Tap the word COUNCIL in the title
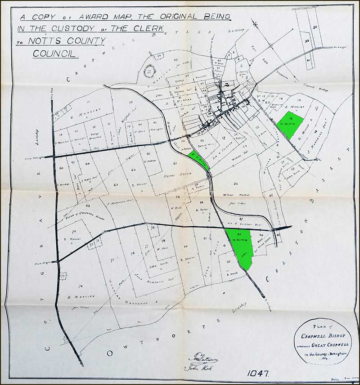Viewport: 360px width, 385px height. click(x=56, y=53)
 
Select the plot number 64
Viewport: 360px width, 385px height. click(x=133, y=170)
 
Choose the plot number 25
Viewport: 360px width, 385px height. click(x=235, y=184)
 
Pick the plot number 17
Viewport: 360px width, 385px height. click(x=316, y=108)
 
